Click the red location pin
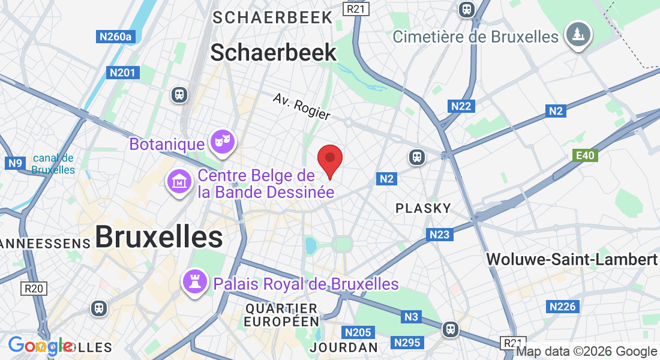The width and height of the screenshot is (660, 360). [329, 160]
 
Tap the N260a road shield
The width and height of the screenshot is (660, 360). [115, 37]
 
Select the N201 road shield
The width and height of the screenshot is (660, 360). [124, 73]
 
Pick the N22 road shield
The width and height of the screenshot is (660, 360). [461, 106]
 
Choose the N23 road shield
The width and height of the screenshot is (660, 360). [440, 235]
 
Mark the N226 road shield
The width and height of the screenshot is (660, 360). [563, 307]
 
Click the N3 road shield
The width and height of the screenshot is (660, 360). [411, 316]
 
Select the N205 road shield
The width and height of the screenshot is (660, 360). [358, 332]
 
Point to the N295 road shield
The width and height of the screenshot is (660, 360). [408, 343]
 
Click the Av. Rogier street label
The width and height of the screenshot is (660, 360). [301, 106]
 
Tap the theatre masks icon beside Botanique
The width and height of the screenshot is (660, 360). [223, 143]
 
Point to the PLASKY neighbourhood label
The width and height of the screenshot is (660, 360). [423, 208]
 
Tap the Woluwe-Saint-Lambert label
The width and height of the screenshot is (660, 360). [572, 259]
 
